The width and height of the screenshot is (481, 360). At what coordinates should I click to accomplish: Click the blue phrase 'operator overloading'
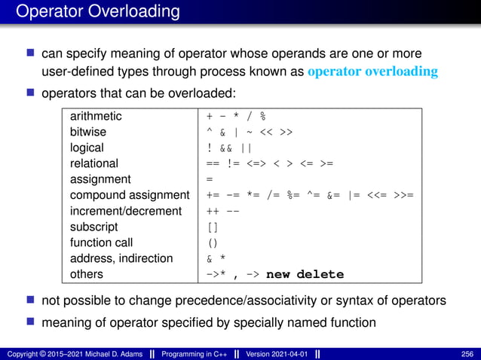coord(372,72)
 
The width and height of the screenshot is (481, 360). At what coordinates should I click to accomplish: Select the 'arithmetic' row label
coord(96,117)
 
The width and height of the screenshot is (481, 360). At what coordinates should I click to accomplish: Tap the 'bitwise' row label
coord(89,133)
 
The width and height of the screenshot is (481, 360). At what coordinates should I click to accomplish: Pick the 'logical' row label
coord(87,148)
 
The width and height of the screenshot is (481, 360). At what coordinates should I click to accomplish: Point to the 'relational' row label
coord(94,163)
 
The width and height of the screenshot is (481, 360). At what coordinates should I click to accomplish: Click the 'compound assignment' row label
coord(130,195)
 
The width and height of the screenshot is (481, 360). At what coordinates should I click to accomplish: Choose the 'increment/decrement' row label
coord(126,211)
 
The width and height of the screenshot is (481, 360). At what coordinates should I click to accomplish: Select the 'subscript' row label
coord(93,227)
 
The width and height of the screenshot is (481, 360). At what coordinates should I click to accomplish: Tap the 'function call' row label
coord(101,243)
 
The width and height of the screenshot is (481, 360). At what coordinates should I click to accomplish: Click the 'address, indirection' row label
coord(121,258)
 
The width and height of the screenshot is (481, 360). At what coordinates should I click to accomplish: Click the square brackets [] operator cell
coord(213,227)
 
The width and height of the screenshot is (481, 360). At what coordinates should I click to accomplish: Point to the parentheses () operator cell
coord(213,243)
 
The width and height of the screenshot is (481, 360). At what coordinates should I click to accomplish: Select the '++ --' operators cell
coord(223,211)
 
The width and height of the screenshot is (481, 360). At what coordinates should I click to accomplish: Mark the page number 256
coord(467,354)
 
